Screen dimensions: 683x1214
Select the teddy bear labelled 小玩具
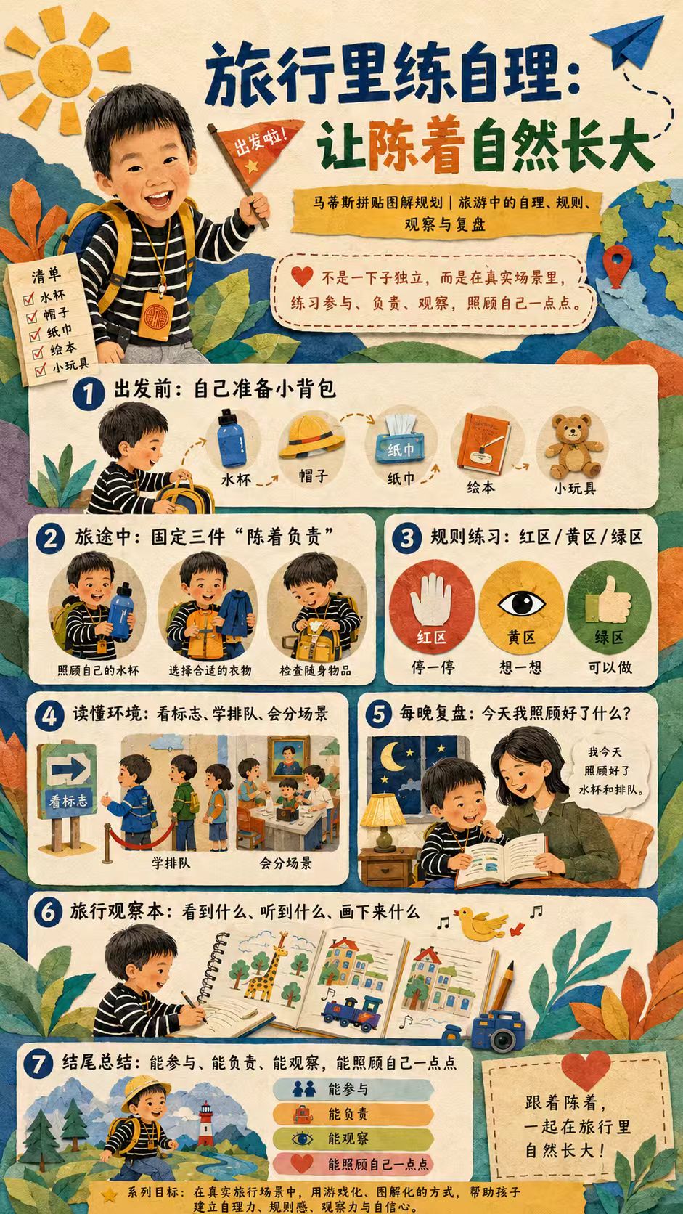(x=574, y=446)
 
